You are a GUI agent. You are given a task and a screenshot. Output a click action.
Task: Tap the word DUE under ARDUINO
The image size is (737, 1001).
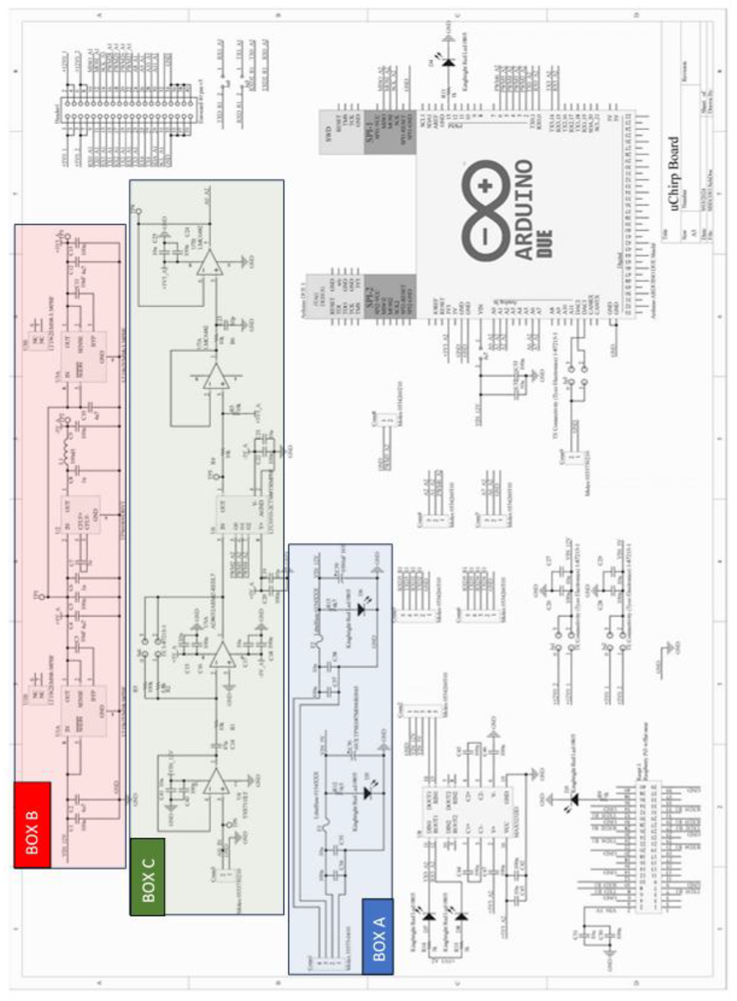(545, 243)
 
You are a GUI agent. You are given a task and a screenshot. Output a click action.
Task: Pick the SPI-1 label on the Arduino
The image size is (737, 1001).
(370, 133)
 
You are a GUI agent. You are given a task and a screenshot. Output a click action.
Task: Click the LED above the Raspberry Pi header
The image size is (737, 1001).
(574, 799)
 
